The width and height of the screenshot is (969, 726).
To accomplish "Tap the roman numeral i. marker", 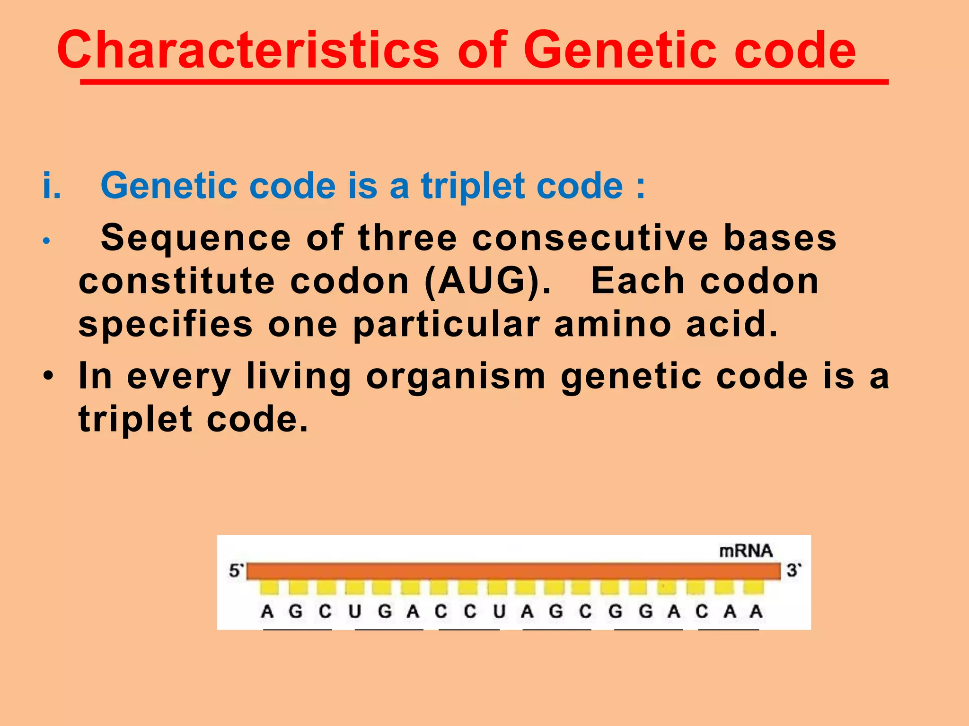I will (52, 185).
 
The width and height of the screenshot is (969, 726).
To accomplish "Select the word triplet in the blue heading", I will (473, 186).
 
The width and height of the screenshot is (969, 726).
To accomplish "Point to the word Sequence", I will (195, 237).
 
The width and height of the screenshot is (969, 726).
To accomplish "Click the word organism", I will (456, 376).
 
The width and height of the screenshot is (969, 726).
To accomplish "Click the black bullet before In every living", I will (48, 377).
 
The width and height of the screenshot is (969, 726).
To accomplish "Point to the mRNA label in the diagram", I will (746, 551).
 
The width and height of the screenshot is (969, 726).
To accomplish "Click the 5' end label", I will (236, 571).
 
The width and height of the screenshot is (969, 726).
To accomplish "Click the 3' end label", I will (793, 570).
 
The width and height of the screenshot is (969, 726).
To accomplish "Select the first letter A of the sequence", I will (267, 612).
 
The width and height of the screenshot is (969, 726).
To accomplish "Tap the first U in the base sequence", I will (355, 612).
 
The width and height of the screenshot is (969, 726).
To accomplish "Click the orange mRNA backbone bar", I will (513, 571).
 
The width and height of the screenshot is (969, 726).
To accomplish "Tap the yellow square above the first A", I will (269, 588).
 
